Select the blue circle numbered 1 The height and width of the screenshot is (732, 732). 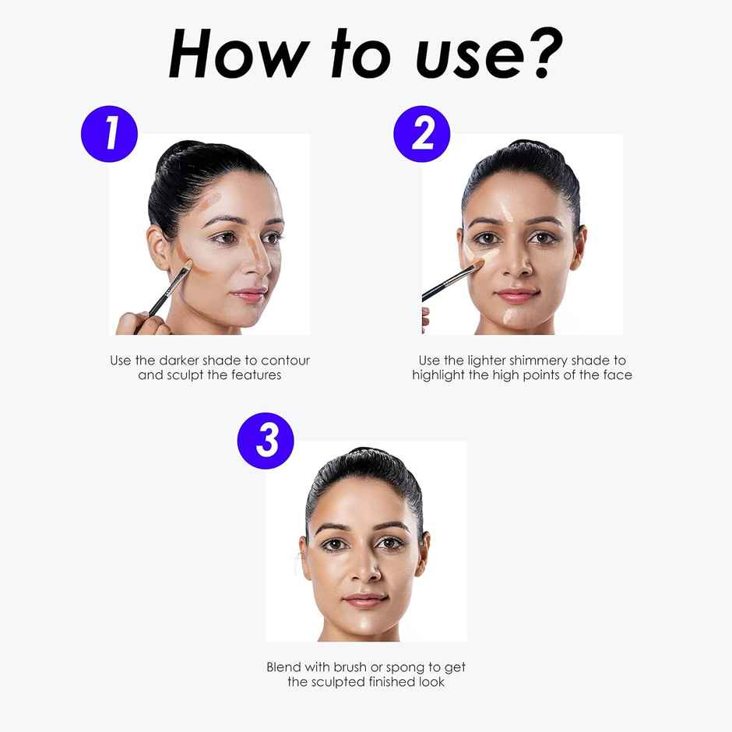(109, 134)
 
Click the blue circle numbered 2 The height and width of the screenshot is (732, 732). (421, 134)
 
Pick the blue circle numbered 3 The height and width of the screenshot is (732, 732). (266, 441)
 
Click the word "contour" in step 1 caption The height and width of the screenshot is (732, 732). (285, 361)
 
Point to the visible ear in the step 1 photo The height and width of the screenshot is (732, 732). (159, 248)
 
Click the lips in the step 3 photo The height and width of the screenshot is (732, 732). (365, 600)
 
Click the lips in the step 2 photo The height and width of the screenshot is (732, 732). (517, 295)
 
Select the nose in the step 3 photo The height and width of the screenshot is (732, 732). (367, 569)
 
